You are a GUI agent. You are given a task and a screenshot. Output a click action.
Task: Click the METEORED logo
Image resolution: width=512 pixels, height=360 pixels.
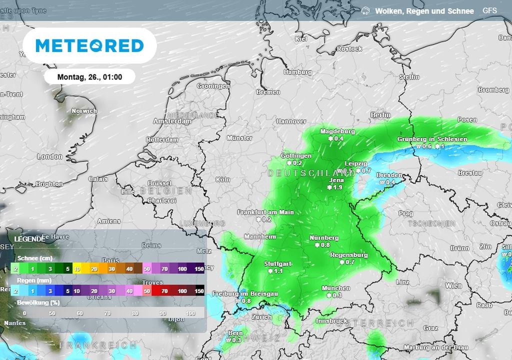pyautogui.click(x=89, y=45)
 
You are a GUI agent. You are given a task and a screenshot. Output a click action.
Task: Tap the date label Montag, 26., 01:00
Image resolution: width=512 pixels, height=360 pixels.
pyautogui.click(x=89, y=77)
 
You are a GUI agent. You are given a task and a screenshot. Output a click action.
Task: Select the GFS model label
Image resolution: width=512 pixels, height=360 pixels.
pyautogui.click(x=489, y=10)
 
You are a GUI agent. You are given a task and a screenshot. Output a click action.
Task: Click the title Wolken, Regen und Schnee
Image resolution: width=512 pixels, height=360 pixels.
pyautogui.click(x=424, y=10)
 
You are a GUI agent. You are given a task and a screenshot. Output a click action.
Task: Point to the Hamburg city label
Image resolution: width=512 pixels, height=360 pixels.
pyautogui.click(x=297, y=72)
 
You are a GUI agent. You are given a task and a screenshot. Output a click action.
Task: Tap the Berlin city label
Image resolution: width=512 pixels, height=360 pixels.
pyautogui.click(x=380, y=115)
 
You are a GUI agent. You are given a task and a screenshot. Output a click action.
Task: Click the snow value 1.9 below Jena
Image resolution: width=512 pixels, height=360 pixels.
pyautogui.click(x=337, y=187)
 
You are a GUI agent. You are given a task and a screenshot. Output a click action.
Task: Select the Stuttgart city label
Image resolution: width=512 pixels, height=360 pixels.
pyautogui.click(x=278, y=263)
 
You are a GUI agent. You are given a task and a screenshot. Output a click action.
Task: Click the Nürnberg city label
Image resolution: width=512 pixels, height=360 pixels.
pyautogui.click(x=324, y=238)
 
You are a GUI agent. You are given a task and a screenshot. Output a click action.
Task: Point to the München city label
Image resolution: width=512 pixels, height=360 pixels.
pyautogui.click(x=335, y=288)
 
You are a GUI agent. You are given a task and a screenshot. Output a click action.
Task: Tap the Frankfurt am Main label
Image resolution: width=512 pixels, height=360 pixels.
pyautogui.click(x=265, y=212)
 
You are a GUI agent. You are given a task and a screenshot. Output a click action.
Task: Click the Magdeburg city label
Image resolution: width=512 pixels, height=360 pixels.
pyautogui.click(x=337, y=131)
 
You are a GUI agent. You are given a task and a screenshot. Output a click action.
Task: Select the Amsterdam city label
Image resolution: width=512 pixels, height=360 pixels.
pyautogui.click(x=172, y=121)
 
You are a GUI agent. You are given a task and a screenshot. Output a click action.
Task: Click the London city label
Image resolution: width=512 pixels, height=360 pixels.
pyautogui.click(x=49, y=156)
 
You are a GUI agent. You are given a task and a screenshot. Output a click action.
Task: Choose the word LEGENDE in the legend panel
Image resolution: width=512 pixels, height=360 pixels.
pyautogui.click(x=29, y=239)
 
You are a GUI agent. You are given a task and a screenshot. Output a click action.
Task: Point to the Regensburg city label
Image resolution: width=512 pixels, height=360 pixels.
pyautogui.click(x=349, y=255)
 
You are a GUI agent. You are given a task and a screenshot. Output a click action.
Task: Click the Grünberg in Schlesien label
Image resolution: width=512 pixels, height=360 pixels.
pyautogui.click(x=432, y=139)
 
